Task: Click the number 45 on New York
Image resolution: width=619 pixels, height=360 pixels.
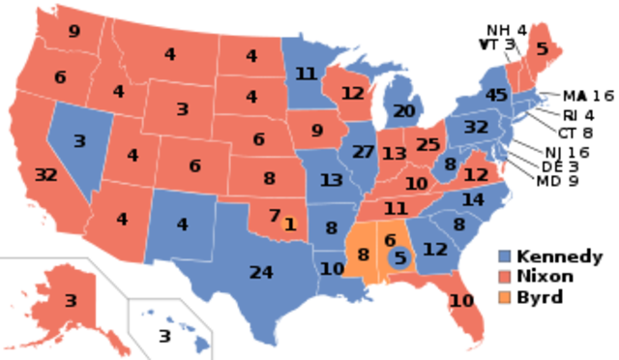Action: click(x=496, y=95)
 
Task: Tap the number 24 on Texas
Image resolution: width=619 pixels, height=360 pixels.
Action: click(x=261, y=272)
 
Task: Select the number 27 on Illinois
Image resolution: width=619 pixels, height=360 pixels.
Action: click(x=364, y=151)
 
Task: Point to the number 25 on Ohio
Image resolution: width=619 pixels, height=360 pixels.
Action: click(x=427, y=145)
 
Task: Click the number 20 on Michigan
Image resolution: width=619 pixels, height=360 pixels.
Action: click(x=403, y=110)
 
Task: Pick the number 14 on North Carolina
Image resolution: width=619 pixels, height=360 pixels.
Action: click(x=472, y=200)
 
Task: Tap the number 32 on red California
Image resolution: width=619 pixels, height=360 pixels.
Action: click(x=45, y=175)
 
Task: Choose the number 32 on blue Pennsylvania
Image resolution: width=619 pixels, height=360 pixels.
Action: click(x=475, y=126)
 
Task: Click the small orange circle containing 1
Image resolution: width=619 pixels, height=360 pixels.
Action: click(x=289, y=224)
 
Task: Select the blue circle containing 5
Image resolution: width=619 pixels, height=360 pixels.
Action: click(x=398, y=258)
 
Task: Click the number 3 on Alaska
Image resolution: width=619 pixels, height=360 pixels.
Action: click(x=71, y=301)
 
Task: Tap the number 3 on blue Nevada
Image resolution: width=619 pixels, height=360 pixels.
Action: click(x=79, y=141)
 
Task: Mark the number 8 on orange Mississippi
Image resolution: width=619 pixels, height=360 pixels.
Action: click(x=364, y=255)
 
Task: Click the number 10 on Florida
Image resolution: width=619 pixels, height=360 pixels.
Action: click(x=462, y=301)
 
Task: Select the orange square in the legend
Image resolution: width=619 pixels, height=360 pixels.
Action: click(x=505, y=297)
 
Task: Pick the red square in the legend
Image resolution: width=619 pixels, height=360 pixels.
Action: click(x=505, y=277)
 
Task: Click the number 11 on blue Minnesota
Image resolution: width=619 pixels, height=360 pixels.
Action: click(x=307, y=74)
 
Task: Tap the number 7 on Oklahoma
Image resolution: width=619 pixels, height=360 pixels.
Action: click(x=275, y=215)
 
